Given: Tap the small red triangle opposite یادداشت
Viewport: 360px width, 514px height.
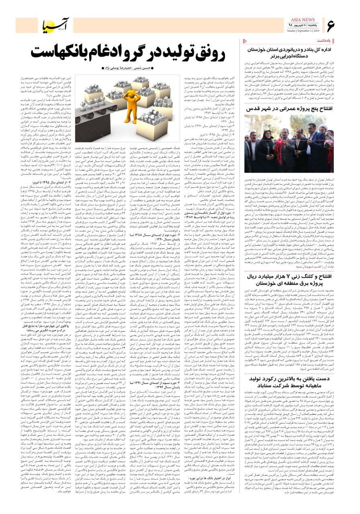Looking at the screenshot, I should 246,41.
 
